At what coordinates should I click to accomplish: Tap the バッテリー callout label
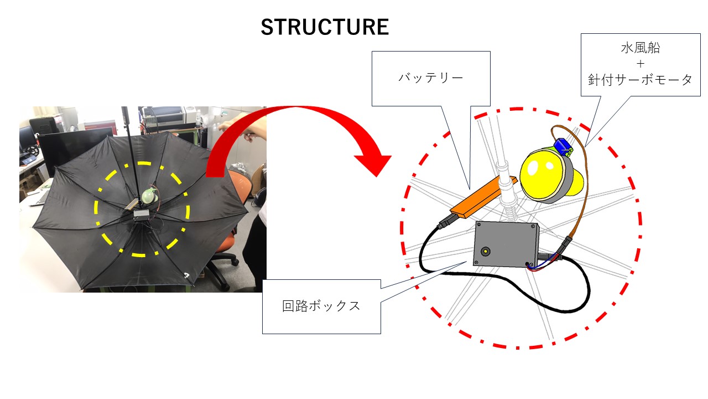pyautogui.click(x=430, y=78)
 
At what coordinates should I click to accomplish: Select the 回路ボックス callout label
pyautogui.click(x=321, y=306)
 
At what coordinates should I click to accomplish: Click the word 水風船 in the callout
pyautogui.click(x=640, y=48)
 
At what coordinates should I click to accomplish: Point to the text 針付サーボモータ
pyautogui.click(x=640, y=80)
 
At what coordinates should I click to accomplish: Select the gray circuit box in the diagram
pyautogui.click(x=506, y=244)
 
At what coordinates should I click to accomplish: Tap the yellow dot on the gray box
pyautogui.click(x=486, y=251)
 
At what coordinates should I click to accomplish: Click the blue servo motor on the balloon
pyautogui.click(x=563, y=147)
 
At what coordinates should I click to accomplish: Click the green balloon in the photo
pyautogui.click(x=149, y=195)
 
